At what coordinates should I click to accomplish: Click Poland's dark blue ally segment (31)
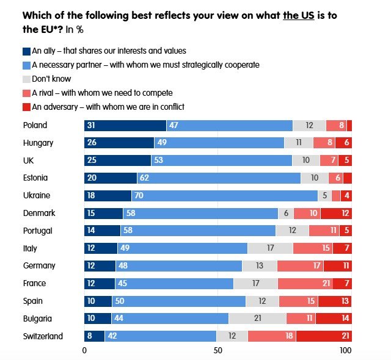[125, 125]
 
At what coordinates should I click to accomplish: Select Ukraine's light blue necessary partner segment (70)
[225, 196]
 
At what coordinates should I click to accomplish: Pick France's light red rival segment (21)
[305, 284]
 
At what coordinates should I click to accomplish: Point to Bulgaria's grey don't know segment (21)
[257, 319]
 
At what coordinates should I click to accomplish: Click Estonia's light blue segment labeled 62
[219, 178]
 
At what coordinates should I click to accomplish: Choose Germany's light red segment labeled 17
[300, 266]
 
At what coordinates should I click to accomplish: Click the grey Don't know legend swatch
[27, 79]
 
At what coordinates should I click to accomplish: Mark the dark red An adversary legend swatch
[27, 107]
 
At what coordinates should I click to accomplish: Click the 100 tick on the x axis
[346, 351]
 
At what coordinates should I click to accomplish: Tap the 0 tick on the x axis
[84, 351]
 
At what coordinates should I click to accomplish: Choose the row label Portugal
[38, 231]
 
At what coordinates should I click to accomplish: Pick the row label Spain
[33, 301]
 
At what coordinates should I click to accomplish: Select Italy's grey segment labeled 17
[270, 248]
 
